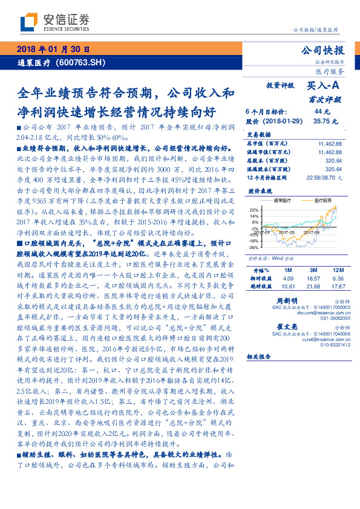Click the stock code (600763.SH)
coord(81,62)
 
